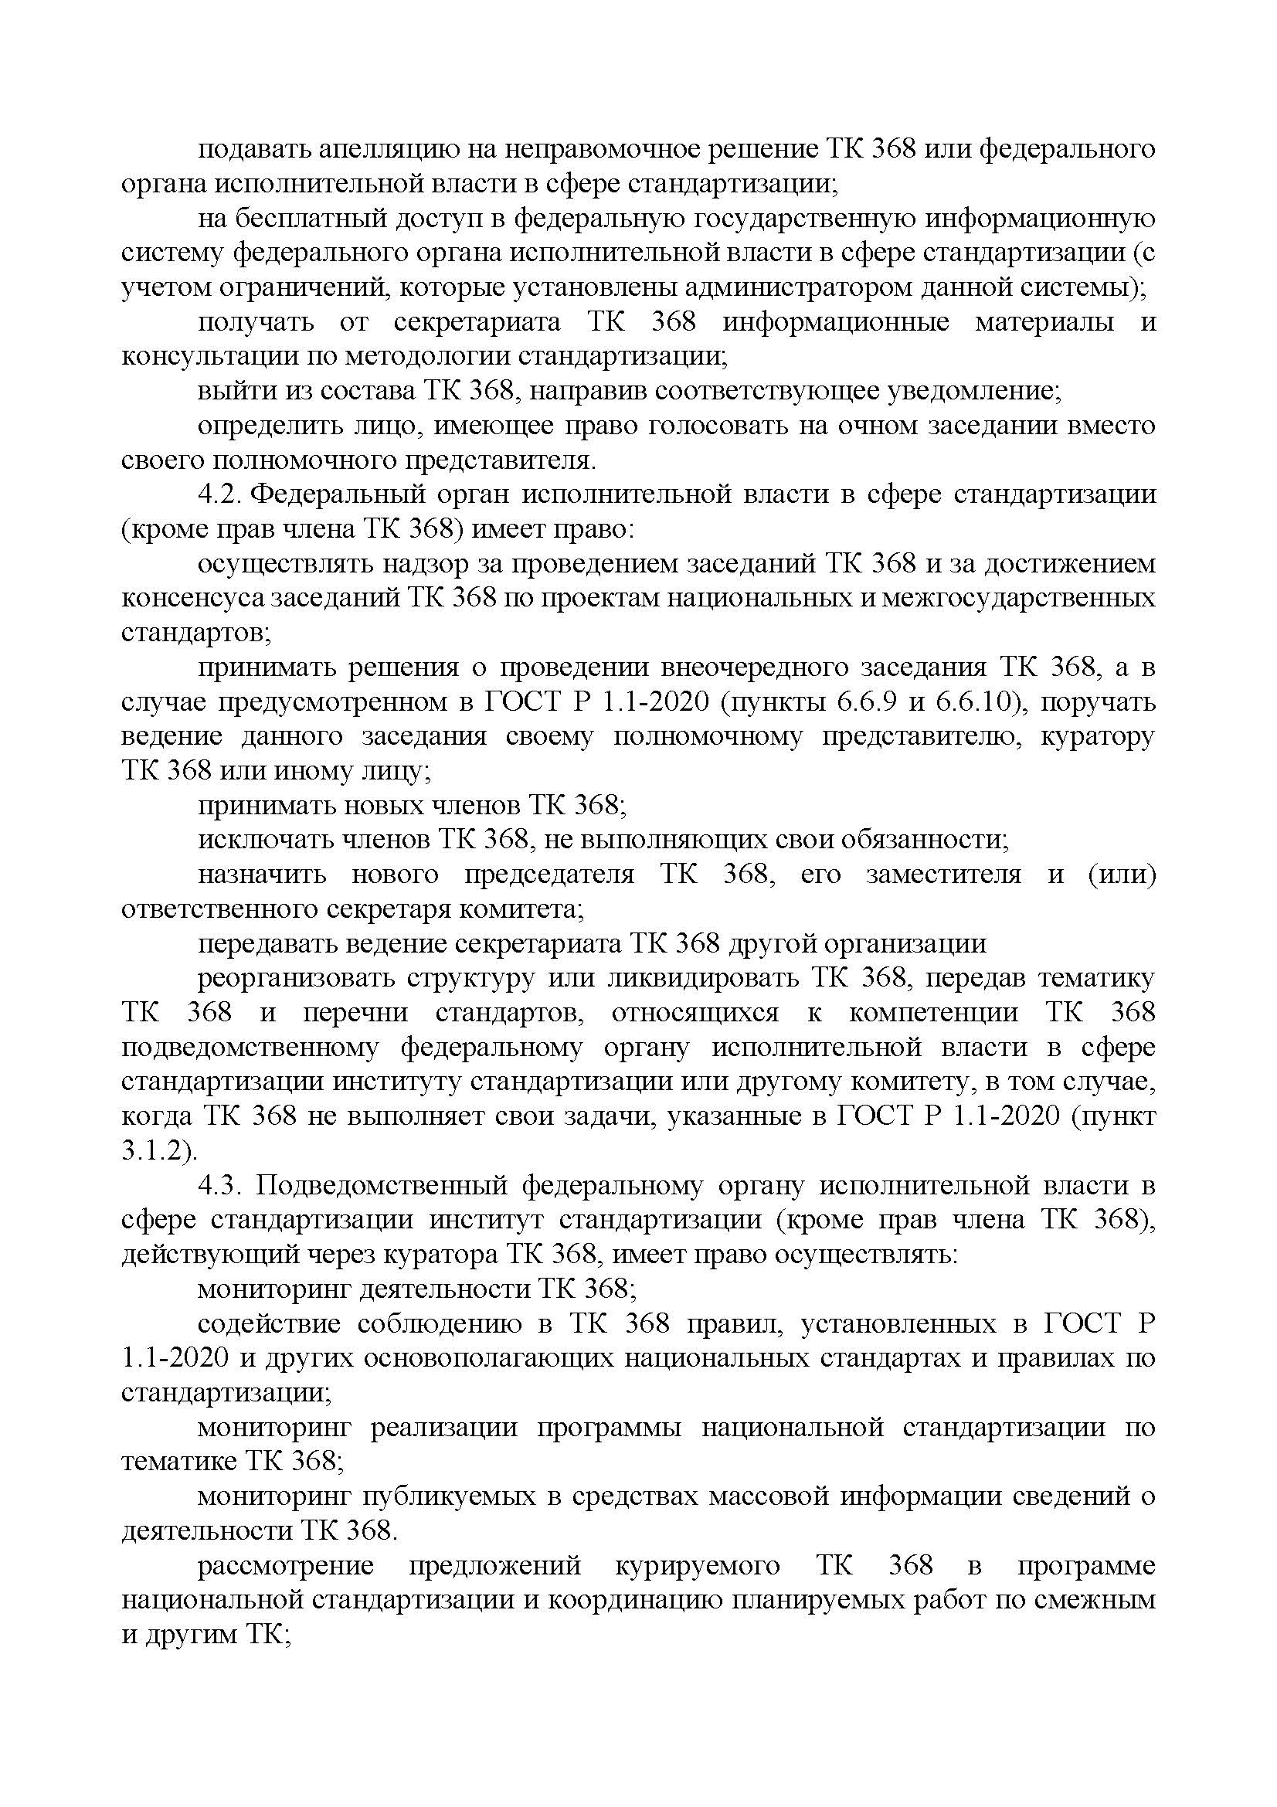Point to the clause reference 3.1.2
(159, 1152)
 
